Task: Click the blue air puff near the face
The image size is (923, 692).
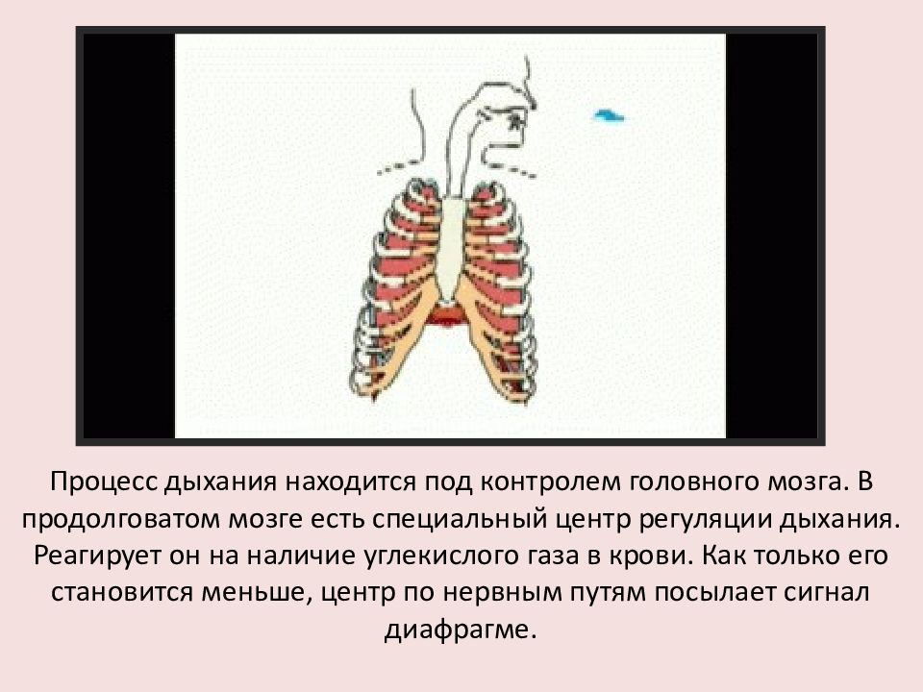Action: point(610,115)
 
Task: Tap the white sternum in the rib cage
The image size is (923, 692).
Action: point(452,247)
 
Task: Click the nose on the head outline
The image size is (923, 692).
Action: point(531,98)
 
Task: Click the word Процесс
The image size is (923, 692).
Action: point(104,482)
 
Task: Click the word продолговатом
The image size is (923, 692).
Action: point(121,520)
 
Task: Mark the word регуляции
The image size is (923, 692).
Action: point(706,520)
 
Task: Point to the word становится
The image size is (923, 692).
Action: point(123,593)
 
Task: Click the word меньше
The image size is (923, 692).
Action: point(257,593)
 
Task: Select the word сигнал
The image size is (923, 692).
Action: point(827,593)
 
